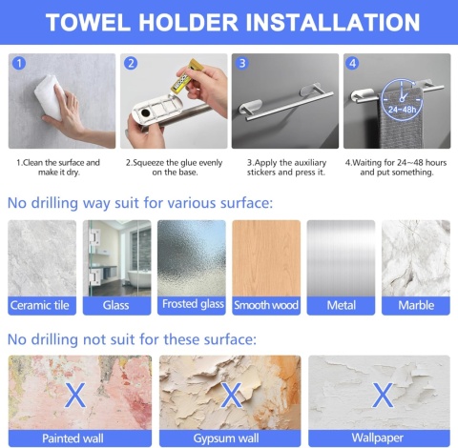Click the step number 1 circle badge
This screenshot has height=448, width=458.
tap(19, 63)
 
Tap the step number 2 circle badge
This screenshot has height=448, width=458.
tap(131, 63)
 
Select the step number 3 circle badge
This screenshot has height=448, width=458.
tap(242, 63)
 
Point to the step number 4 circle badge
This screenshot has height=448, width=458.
tap(352, 63)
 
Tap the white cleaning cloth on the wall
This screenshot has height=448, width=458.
tap(50, 97)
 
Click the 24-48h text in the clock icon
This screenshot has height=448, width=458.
tap(402, 110)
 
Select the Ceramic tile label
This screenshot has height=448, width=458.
tap(40, 305)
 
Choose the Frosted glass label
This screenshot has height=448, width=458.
tap(193, 304)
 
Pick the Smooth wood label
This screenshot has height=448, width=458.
tap(266, 305)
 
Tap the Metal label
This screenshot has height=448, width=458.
tap(342, 305)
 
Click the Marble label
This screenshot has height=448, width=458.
tap(416, 305)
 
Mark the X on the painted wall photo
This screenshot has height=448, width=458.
tap(75, 395)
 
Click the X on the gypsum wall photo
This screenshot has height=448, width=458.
tap(231, 395)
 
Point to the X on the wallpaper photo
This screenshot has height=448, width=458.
tap(383, 395)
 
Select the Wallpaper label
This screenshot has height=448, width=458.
tap(378, 438)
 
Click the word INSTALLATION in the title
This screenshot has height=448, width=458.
tap(333, 22)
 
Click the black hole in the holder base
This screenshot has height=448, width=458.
tap(146, 112)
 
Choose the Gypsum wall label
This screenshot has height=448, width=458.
tap(226, 438)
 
